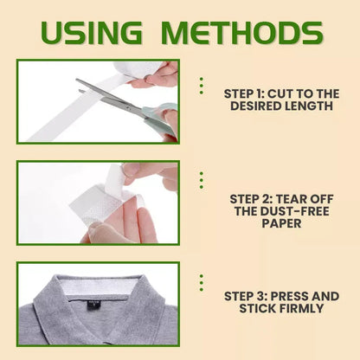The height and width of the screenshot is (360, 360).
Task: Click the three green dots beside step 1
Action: [x=201, y=86]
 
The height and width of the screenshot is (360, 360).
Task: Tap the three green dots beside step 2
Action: [x=201, y=179]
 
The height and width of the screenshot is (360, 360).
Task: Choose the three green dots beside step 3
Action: [x=201, y=283]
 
